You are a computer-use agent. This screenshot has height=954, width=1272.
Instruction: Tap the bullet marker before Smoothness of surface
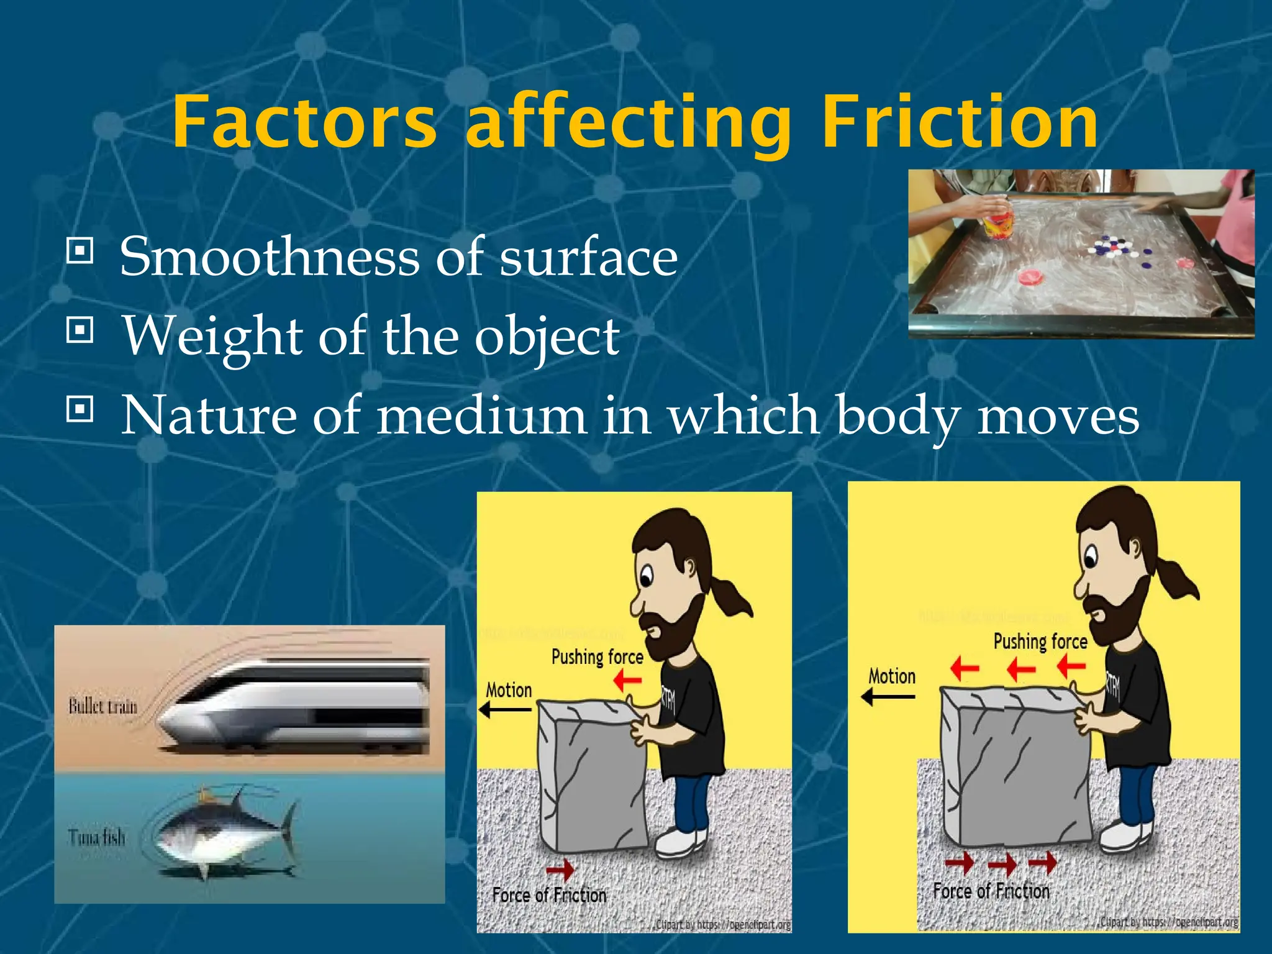(x=79, y=251)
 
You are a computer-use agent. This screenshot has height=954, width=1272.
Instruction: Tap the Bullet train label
(x=102, y=706)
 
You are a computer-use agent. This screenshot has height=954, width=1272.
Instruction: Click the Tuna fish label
(x=97, y=838)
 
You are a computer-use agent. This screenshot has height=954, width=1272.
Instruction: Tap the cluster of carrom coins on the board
(x=1118, y=248)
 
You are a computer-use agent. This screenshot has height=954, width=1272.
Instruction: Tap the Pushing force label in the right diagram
(x=1040, y=642)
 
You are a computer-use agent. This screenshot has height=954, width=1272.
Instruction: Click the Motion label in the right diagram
(x=892, y=676)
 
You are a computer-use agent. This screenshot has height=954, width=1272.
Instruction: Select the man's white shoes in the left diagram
(x=680, y=842)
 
